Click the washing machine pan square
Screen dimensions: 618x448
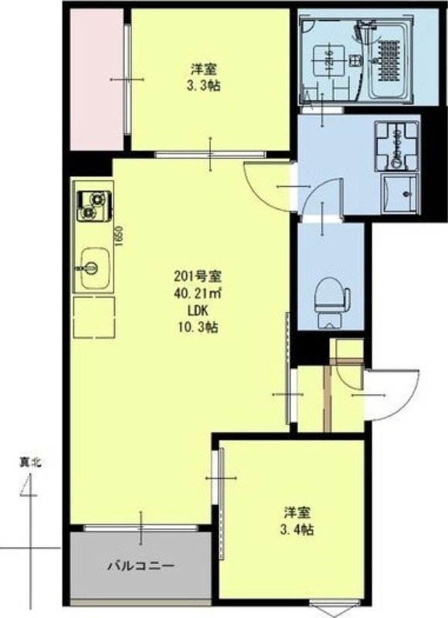click(x=399, y=194)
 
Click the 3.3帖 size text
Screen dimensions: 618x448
click(x=204, y=86)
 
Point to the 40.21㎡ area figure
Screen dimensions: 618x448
click(x=199, y=294)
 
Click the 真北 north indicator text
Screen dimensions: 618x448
click(x=29, y=463)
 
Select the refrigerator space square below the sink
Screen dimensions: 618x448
click(x=93, y=316)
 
